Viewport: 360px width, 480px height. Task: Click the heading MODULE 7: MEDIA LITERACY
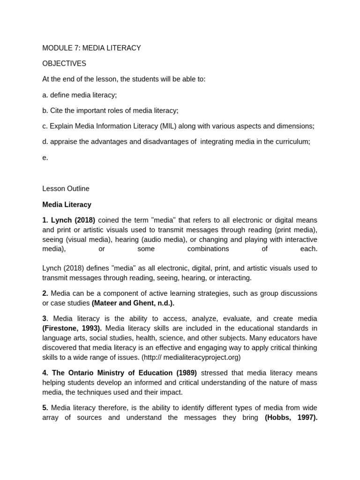(91, 48)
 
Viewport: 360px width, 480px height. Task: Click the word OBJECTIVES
(64, 63)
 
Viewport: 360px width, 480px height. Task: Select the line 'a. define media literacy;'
(79, 95)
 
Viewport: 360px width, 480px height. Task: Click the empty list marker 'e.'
(45, 157)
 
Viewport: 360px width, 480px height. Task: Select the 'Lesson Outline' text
(66, 188)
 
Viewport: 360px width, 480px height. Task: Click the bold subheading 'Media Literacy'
(67, 204)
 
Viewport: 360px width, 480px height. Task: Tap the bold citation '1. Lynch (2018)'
(68, 220)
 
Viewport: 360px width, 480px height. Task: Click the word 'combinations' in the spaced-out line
(209, 249)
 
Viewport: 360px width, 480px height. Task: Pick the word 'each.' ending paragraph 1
(308, 249)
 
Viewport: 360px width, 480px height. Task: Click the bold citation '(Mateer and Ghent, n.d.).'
(133, 303)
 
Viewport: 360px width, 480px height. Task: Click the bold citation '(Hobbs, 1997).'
(291, 418)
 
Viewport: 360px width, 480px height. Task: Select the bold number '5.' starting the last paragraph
(45, 408)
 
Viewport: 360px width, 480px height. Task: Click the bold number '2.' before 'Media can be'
(45, 293)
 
